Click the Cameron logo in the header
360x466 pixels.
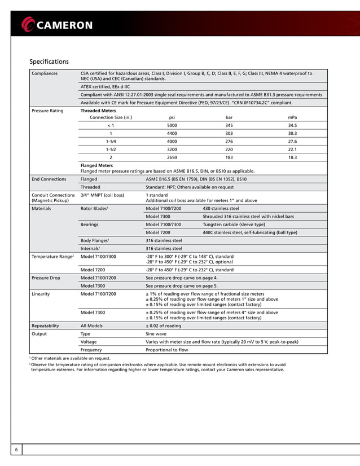pos(56,24)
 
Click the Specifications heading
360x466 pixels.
pos(49,61)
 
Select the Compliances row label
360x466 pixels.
pos(45,73)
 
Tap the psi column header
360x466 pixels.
pos(172,117)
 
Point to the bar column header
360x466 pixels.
pos(229,117)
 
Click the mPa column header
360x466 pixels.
pos(292,117)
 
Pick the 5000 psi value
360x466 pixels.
pos(172,125)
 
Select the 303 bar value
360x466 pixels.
pos(229,133)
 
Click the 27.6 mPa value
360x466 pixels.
pos(292,141)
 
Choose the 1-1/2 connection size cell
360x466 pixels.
pos(111,150)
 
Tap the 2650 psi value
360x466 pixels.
pos(172,157)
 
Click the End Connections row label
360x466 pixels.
pos(50,179)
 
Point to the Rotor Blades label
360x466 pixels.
pos(93,208)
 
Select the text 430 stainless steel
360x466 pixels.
pos(221,208)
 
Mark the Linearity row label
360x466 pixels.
pos(41,294)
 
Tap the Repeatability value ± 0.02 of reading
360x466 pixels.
pos(164,326)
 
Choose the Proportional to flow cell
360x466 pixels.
pos(167,349)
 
